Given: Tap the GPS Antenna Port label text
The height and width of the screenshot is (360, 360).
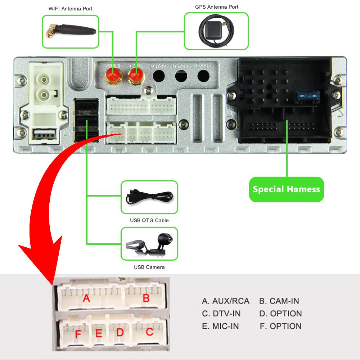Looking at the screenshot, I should point(216,7).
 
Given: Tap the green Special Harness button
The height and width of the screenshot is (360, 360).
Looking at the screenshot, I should point(286,189).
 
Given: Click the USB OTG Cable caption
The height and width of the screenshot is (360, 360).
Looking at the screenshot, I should point(149,220).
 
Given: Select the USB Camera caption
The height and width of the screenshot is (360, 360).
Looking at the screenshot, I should point(149,267).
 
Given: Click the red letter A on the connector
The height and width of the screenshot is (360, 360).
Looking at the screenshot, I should point(86,298).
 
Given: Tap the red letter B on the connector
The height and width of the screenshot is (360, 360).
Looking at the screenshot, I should point(146,298).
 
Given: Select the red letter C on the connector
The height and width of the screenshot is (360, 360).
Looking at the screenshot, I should point(149,332).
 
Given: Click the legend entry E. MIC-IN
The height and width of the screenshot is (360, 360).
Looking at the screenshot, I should point(220,326).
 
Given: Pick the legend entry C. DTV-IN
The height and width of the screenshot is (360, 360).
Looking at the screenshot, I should point(221,314).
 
